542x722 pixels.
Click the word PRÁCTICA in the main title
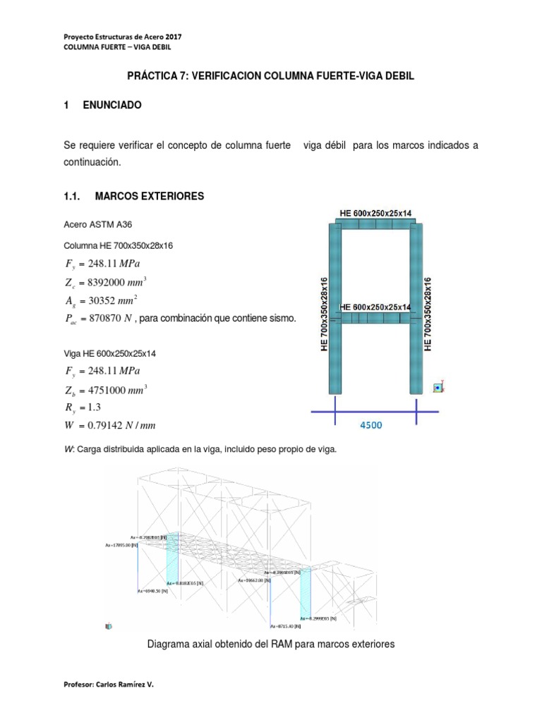(150, 75)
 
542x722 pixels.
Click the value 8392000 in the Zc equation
(112, 282)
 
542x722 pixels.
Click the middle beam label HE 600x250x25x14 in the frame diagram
(375, 307)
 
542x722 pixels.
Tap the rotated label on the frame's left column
(325, 314)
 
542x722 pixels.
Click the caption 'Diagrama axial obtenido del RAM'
(270, 644)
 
